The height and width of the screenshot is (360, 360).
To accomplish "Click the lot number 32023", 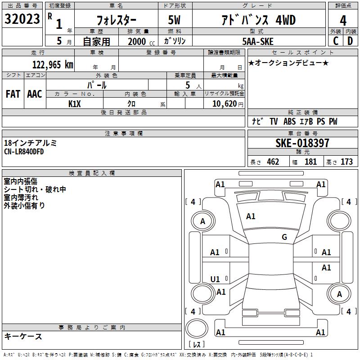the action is point(22,19).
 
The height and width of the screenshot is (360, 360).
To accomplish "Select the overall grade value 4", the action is point(343,20).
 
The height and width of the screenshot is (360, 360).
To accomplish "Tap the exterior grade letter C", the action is point(336,41).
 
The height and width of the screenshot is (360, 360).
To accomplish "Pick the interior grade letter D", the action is point(350,41).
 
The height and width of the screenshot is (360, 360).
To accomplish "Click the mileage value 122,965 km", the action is point(53,65).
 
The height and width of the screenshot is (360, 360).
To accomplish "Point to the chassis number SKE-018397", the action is point(302,143).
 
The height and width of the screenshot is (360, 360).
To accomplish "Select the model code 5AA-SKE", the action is point(258,41).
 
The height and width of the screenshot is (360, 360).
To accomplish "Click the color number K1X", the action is point(74,104).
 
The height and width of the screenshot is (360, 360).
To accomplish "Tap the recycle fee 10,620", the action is point(225,104).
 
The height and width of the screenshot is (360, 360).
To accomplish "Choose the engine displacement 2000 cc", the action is point(141,41).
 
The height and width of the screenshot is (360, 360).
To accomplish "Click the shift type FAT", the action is point(13,94).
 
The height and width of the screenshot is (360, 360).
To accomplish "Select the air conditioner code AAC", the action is point(35,94).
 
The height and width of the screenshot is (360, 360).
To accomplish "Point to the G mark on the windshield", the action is point(284,237).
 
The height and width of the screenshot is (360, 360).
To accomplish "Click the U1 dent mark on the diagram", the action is point(215,279).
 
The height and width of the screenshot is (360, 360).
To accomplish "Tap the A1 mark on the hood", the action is point(251,216).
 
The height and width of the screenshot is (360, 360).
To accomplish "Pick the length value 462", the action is point(273,162).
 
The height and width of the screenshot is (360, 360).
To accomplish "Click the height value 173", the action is point(346,162).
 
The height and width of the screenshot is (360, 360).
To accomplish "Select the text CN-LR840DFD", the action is point(24,152).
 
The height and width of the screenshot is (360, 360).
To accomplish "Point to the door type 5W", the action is point(174,20).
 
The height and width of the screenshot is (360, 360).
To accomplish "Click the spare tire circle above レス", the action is point(197,328).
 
